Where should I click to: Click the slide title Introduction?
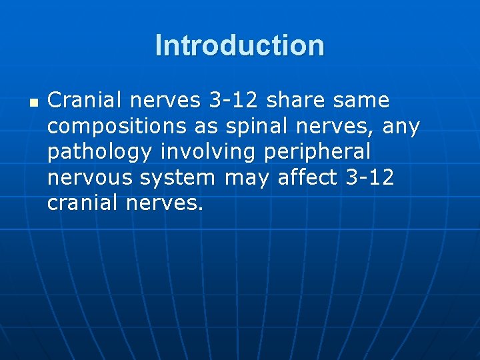tap(240, 46)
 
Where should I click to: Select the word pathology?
tap(99, 153)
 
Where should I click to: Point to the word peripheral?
tap(318, 153)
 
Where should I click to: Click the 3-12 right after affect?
tap(371, 177)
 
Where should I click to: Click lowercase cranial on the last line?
tap(81, 203)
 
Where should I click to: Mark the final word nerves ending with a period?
tap(164, 204)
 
